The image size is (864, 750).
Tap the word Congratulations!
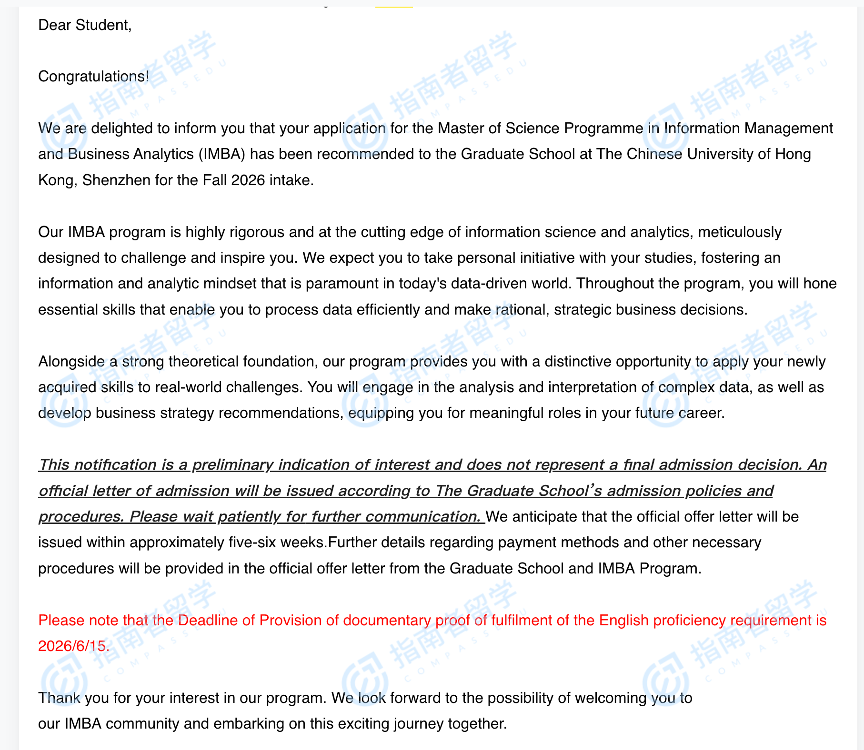[x=93, y=77]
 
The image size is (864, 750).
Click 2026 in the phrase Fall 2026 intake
[x=248, y=180]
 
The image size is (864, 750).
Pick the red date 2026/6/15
[x=73, y=646]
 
